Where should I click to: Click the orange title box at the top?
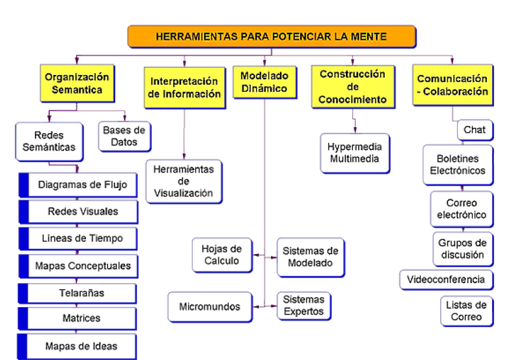click(272, 36)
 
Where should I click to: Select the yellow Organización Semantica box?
click(77, 83)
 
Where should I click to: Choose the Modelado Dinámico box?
click(264, 82)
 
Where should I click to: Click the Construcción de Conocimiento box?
click(352, 87)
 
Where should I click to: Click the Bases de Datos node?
click(124, 136)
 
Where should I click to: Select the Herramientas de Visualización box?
click(183, 182)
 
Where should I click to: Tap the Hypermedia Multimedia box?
click(355, 153)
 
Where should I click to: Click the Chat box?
click(474, 130)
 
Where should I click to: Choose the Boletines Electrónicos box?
click(457, 165)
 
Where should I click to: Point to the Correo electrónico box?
click(461, 209)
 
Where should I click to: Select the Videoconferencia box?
click(446, 280)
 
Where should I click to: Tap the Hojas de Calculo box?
click(221, 255)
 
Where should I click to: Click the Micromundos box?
click(209, 306)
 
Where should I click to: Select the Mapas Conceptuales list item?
click(77, 265)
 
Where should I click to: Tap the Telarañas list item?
click(77, 293)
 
